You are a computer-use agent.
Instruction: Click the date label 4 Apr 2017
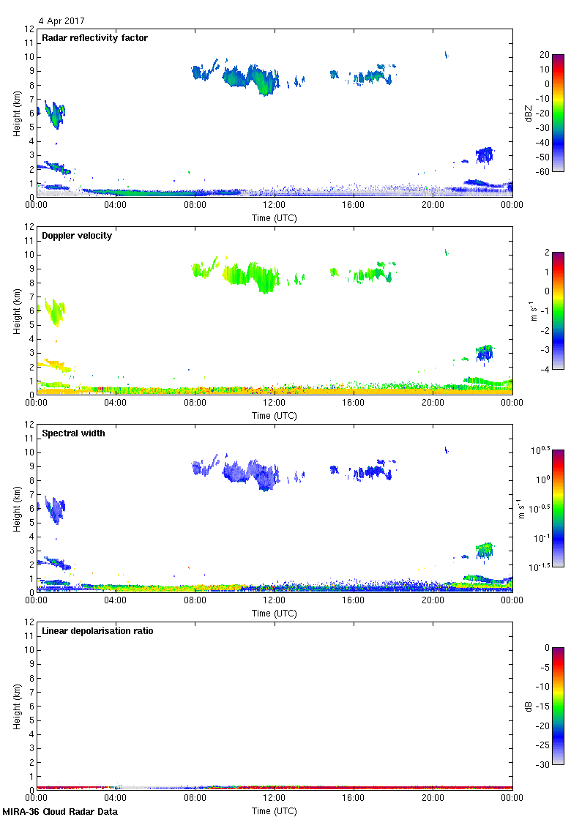click(x=62, y=21)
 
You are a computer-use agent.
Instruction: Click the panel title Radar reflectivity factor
click(x=95, y=38)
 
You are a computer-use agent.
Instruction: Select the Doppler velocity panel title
click(x=77, y=236)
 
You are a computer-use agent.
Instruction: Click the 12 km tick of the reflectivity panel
click(x=30, y=29)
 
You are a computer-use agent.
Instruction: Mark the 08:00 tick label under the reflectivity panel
click(x=195, y=206)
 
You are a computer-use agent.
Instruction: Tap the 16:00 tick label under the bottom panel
click(x=354, y=799)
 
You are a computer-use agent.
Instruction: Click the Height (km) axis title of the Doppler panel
click(x=17, y=310)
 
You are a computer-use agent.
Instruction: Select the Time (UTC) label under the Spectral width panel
click(x=275, y=614)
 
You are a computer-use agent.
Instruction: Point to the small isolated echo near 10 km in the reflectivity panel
click(x=446, y=54)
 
